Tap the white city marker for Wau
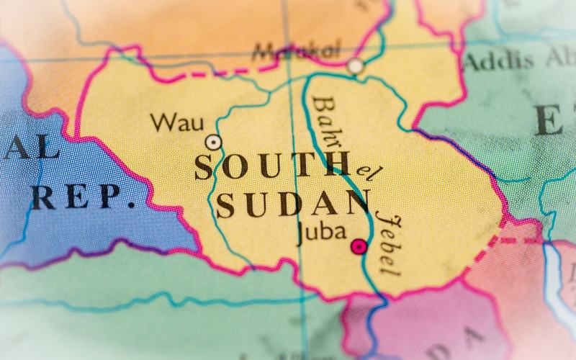point(213,142)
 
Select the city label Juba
point(321,233)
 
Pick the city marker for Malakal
point(354,66)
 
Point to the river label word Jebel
point(387,243)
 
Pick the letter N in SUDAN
point(357,203)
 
